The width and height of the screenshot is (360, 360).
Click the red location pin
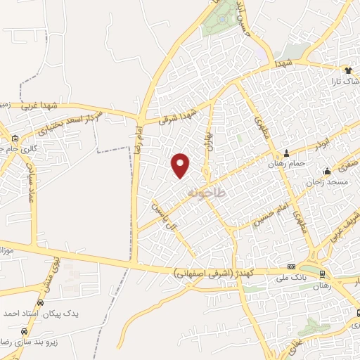click(181, 165)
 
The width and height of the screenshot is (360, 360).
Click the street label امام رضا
click(139, 141)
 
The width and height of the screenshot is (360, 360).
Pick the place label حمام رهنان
click(265, 163)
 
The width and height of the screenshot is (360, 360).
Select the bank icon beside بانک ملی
click(291, 267)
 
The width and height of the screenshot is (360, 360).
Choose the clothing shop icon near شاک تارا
click(347, 70)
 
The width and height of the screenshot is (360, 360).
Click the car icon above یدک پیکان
click(39, 302)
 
